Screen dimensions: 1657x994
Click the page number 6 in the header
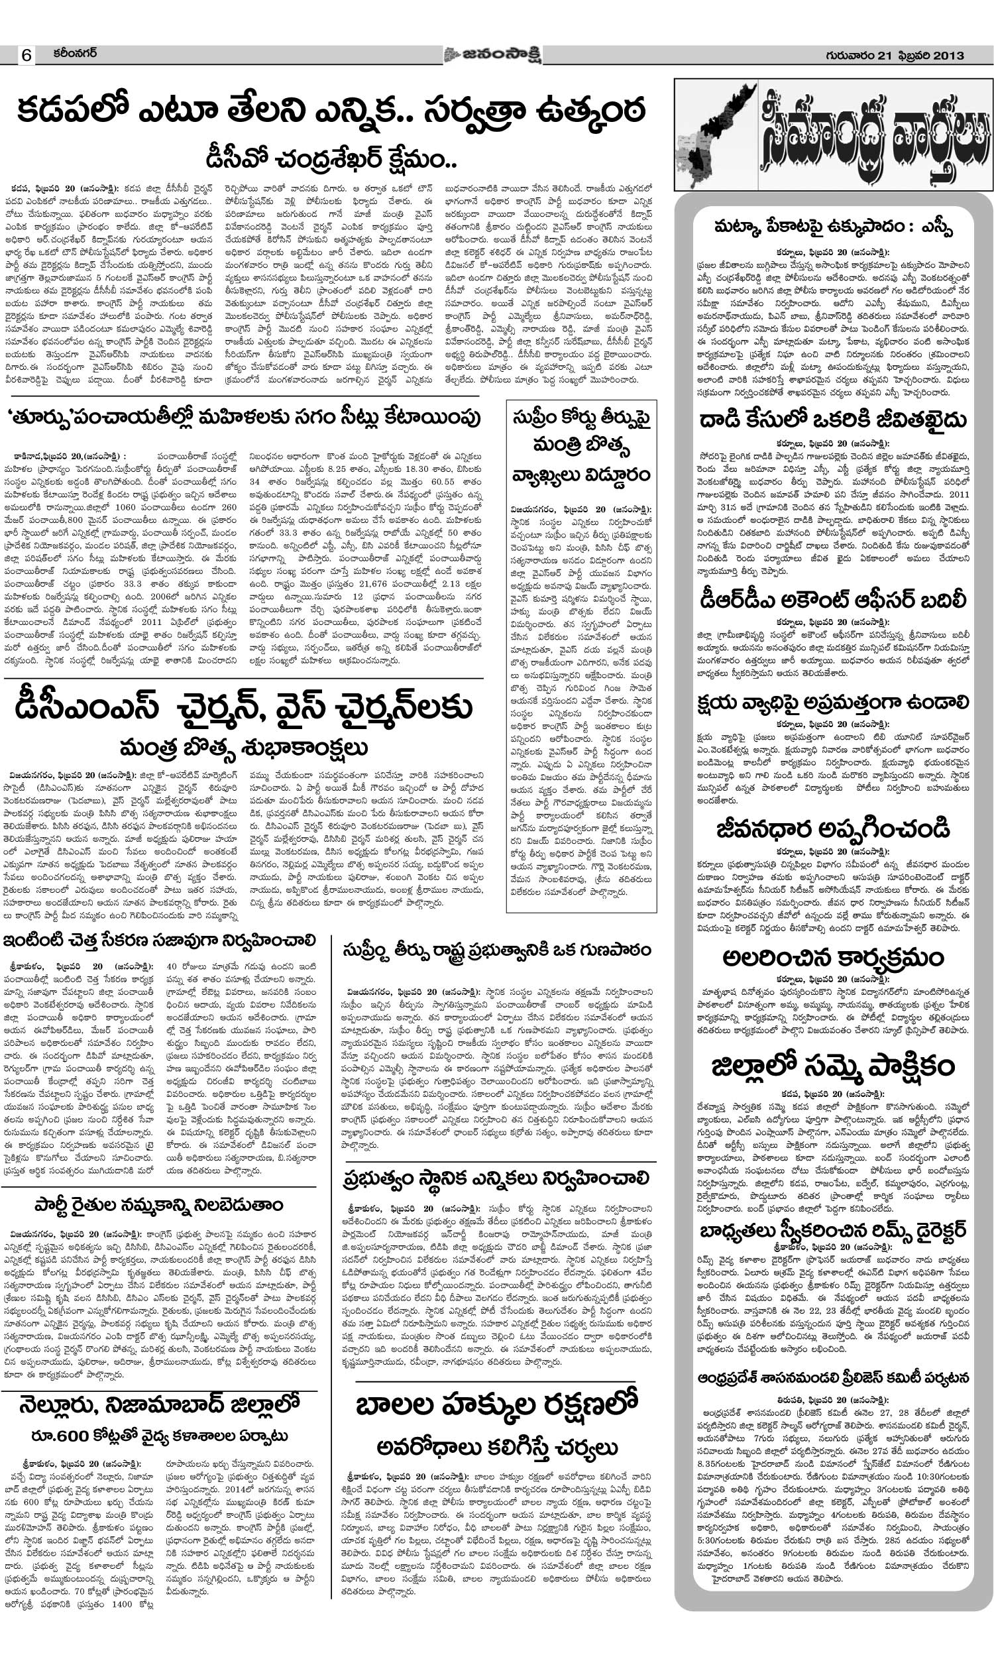pyautogui.click(x=26, y=56)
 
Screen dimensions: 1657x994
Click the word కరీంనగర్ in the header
pyautogui.click(x=75, y=54)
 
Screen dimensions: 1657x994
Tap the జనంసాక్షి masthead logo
pyautogui.click(x=493, y=54)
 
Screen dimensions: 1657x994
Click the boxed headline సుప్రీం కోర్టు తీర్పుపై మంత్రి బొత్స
pyautogui.click(x=581, y=445)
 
